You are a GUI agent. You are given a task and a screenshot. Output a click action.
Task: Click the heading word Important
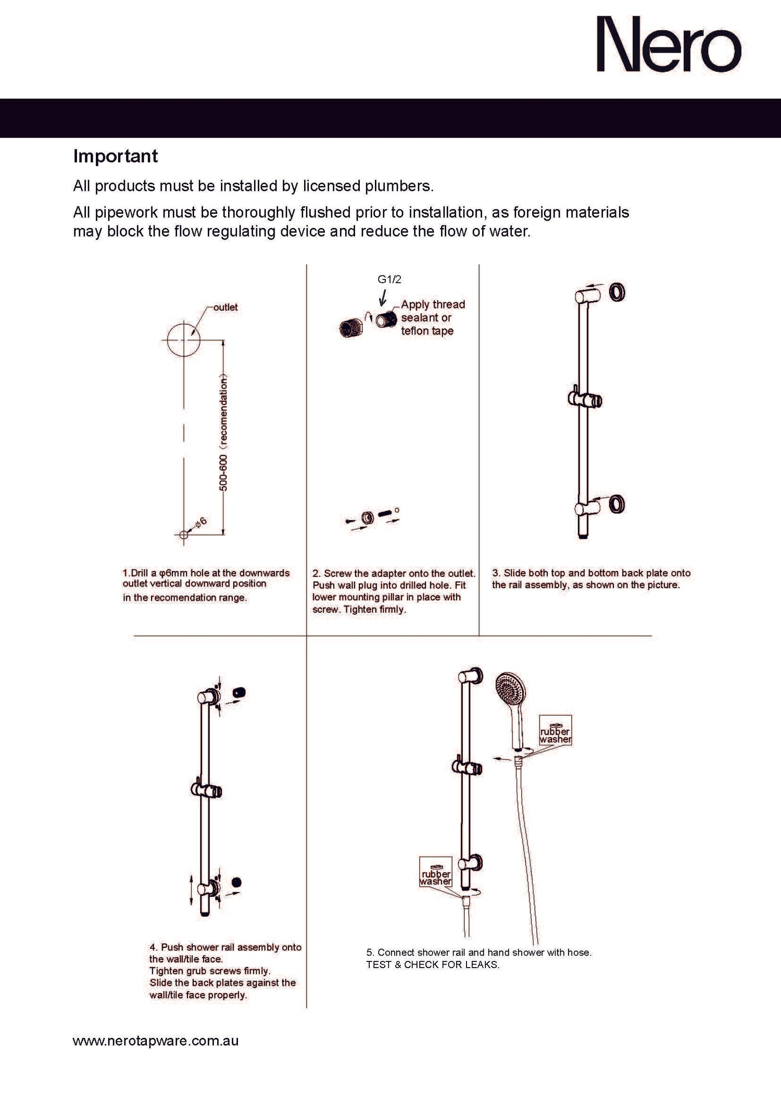coord(116,156)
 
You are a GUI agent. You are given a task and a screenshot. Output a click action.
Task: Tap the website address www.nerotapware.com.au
coord(156,1041)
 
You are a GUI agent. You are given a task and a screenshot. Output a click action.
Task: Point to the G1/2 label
coord(389,280)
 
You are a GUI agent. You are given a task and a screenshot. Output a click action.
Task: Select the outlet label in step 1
coord(225,307)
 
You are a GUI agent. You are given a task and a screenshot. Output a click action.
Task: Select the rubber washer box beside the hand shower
coord(555,731)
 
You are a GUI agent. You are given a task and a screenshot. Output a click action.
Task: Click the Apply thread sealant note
coord(432,318)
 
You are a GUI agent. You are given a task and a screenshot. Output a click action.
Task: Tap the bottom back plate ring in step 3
coord(617,504)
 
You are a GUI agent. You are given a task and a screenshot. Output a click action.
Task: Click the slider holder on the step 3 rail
coord(585,400)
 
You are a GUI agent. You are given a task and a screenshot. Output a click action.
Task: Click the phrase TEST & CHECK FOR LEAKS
coord(433,965)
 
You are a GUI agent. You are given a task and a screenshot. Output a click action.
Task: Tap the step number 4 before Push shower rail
coord(153,947)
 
